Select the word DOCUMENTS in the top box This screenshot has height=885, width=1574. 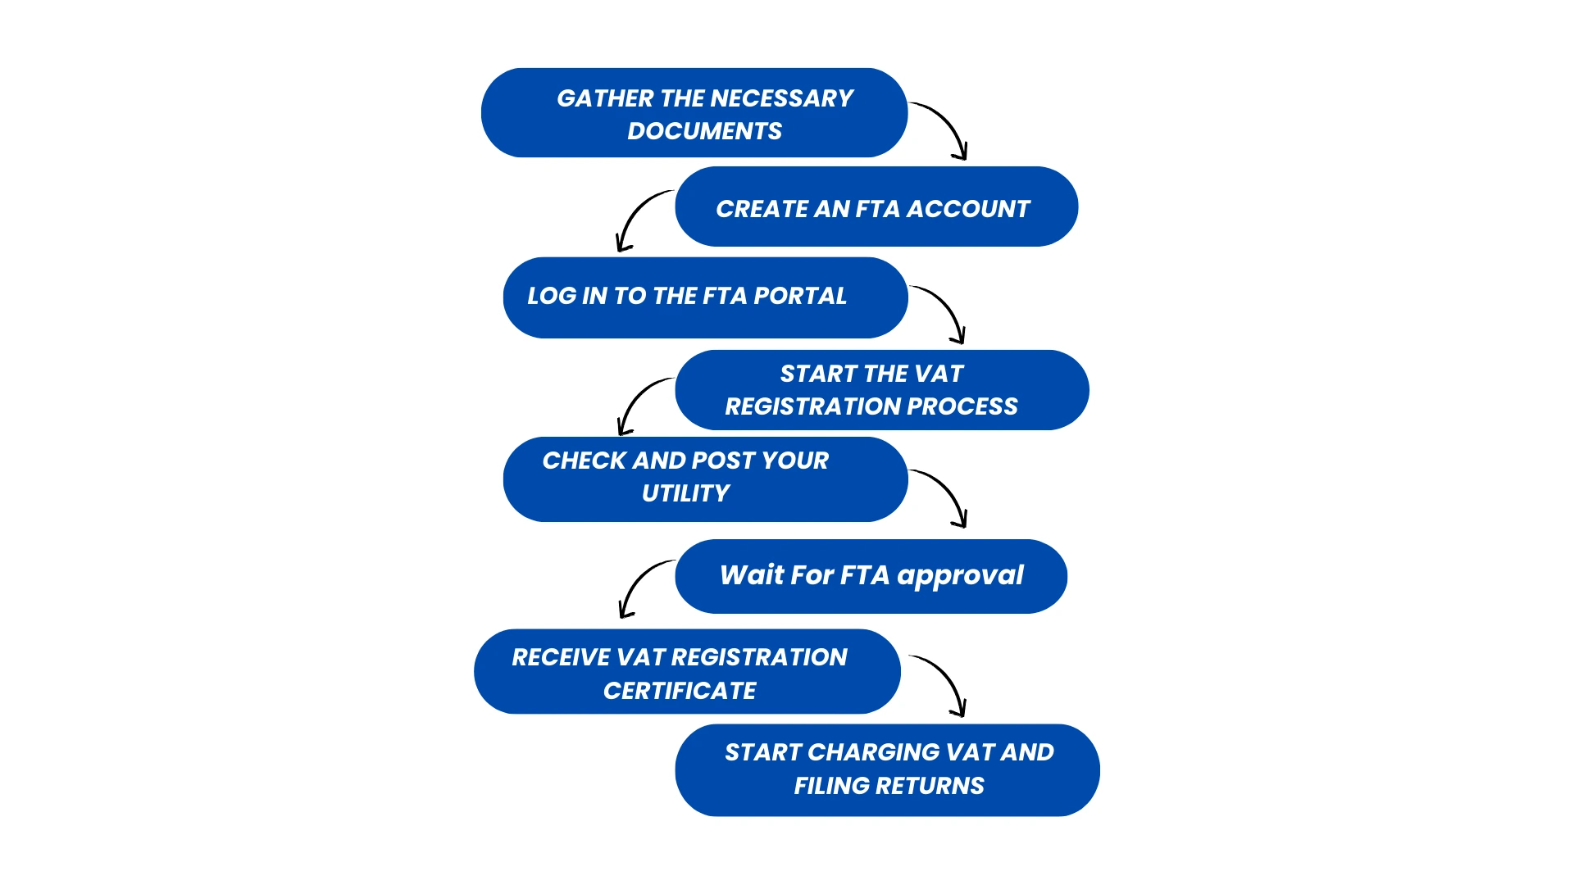(705, 131)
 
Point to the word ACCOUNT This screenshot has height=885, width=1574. (967, 209)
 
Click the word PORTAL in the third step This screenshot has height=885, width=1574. (800, 296)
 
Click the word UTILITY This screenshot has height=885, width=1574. (686, 493)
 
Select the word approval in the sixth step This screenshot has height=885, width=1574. (960, 576)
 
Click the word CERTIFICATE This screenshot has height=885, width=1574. (680, 691)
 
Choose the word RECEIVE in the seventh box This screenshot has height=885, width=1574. (561, 657)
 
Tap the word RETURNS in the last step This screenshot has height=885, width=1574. (930, 786)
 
